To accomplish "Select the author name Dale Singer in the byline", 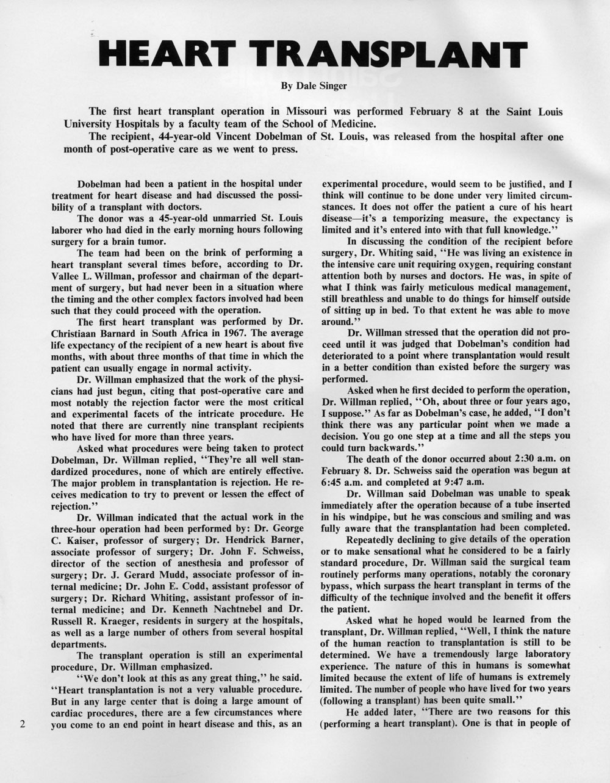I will [321, 86].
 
